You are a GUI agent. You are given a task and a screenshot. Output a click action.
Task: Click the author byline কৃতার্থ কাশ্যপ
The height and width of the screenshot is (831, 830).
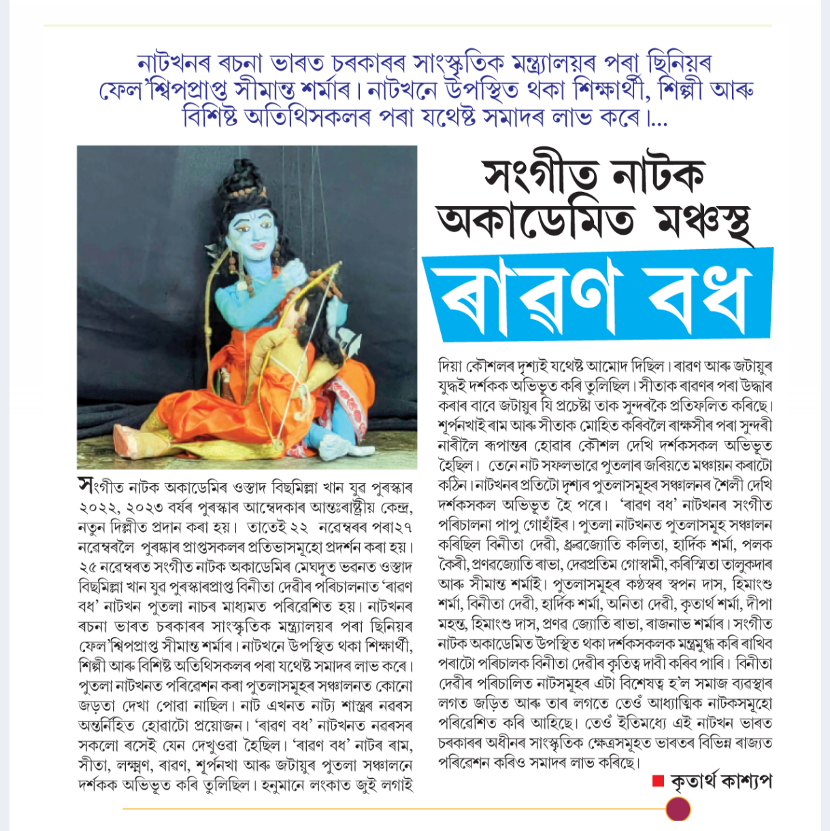720,781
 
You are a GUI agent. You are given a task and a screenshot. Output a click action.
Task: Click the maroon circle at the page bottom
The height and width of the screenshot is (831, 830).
678,809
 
